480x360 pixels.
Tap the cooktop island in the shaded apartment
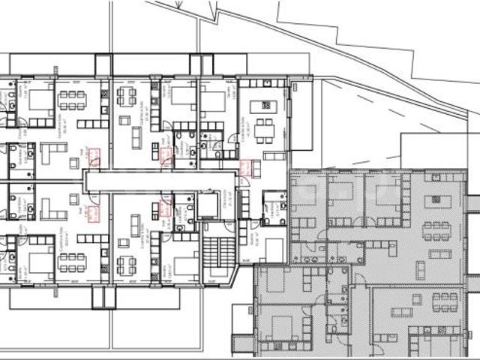pyautogui.click(x=438, y=202)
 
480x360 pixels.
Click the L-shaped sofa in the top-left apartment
pyautogui.click(x=52, y=153)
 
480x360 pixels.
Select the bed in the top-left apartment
pyautogui.click(x=40, y=98)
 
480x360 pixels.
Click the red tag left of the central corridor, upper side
pyautogui.click(x=94, y=157)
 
